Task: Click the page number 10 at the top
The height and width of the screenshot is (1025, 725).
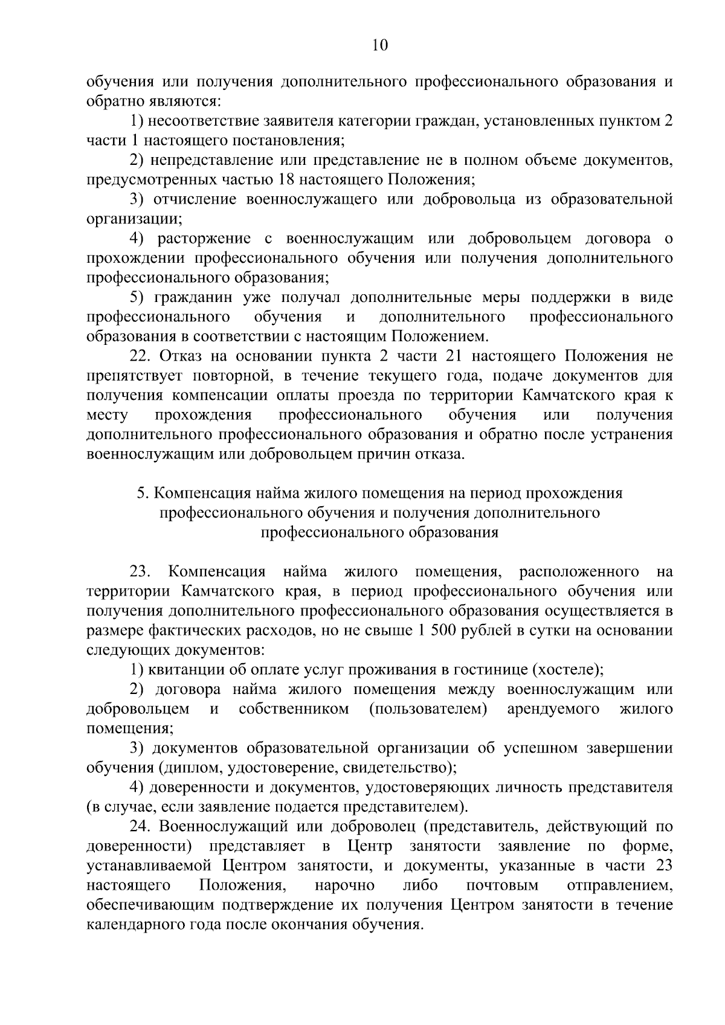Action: (380, 45)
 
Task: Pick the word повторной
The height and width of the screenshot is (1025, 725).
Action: (230, 375)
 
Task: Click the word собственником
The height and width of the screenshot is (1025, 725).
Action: (294, 709)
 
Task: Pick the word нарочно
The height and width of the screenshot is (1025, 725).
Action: (344, 885)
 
